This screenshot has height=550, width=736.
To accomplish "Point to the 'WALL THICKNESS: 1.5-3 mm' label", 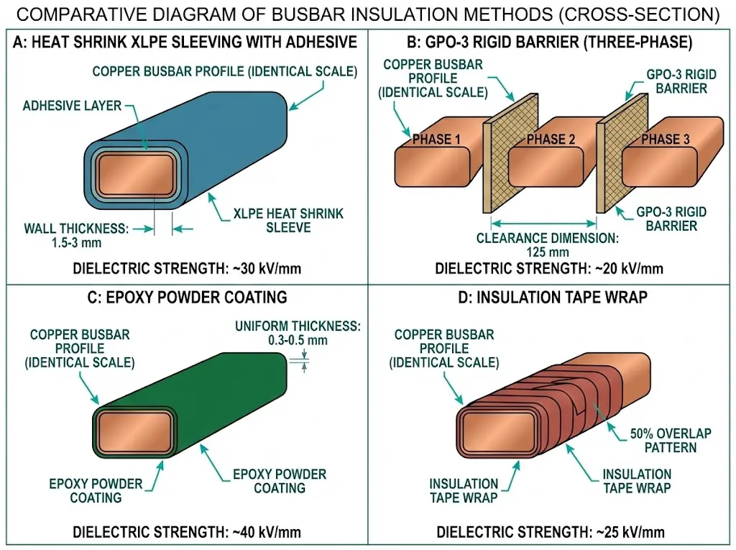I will [x=75, y=235].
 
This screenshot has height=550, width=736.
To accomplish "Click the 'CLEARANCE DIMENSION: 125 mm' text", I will [x=547, y=245].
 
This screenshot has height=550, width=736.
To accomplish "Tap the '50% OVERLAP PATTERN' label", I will [x=669, y=440].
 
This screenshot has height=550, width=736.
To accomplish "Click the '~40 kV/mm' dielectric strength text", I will [x=267, y=533].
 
